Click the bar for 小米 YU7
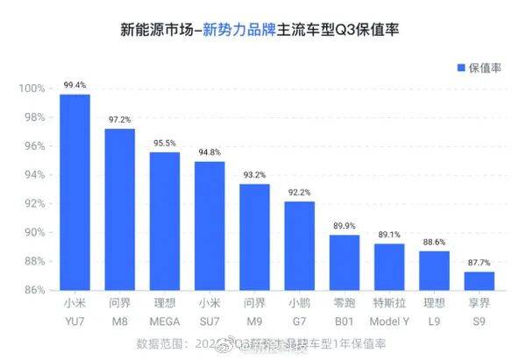pyautogui.click(x=75, y=192)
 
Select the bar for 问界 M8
pyautogui.click(x=120, y=209)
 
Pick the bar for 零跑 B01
pyautogui.click(x=344, y=262)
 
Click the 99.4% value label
pyautogui.click(x=75, y=86)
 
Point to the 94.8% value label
pyautogui.click(x=210, y=152)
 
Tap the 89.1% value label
pyautogui.click(x=389, y=235)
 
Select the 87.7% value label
pyautogui.click(x=479, y=263)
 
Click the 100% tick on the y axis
pyautogui.click(x=32, y=88)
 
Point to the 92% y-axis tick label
pyautogui.click(x=32, y=203)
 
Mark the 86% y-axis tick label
pyautogui.click(x=32, y=290)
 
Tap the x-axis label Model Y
pyautogui.click(x=389, y=321)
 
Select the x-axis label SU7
pyautogui.click(x=210, y=321)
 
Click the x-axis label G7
pyautogui.click(x=299, y=321)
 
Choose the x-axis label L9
pyautogui.click(x=434, y=321)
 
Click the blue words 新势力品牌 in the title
pyautogui.click(x=237, y=29)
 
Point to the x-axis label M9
pyautogui.click(x=254, y=321)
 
